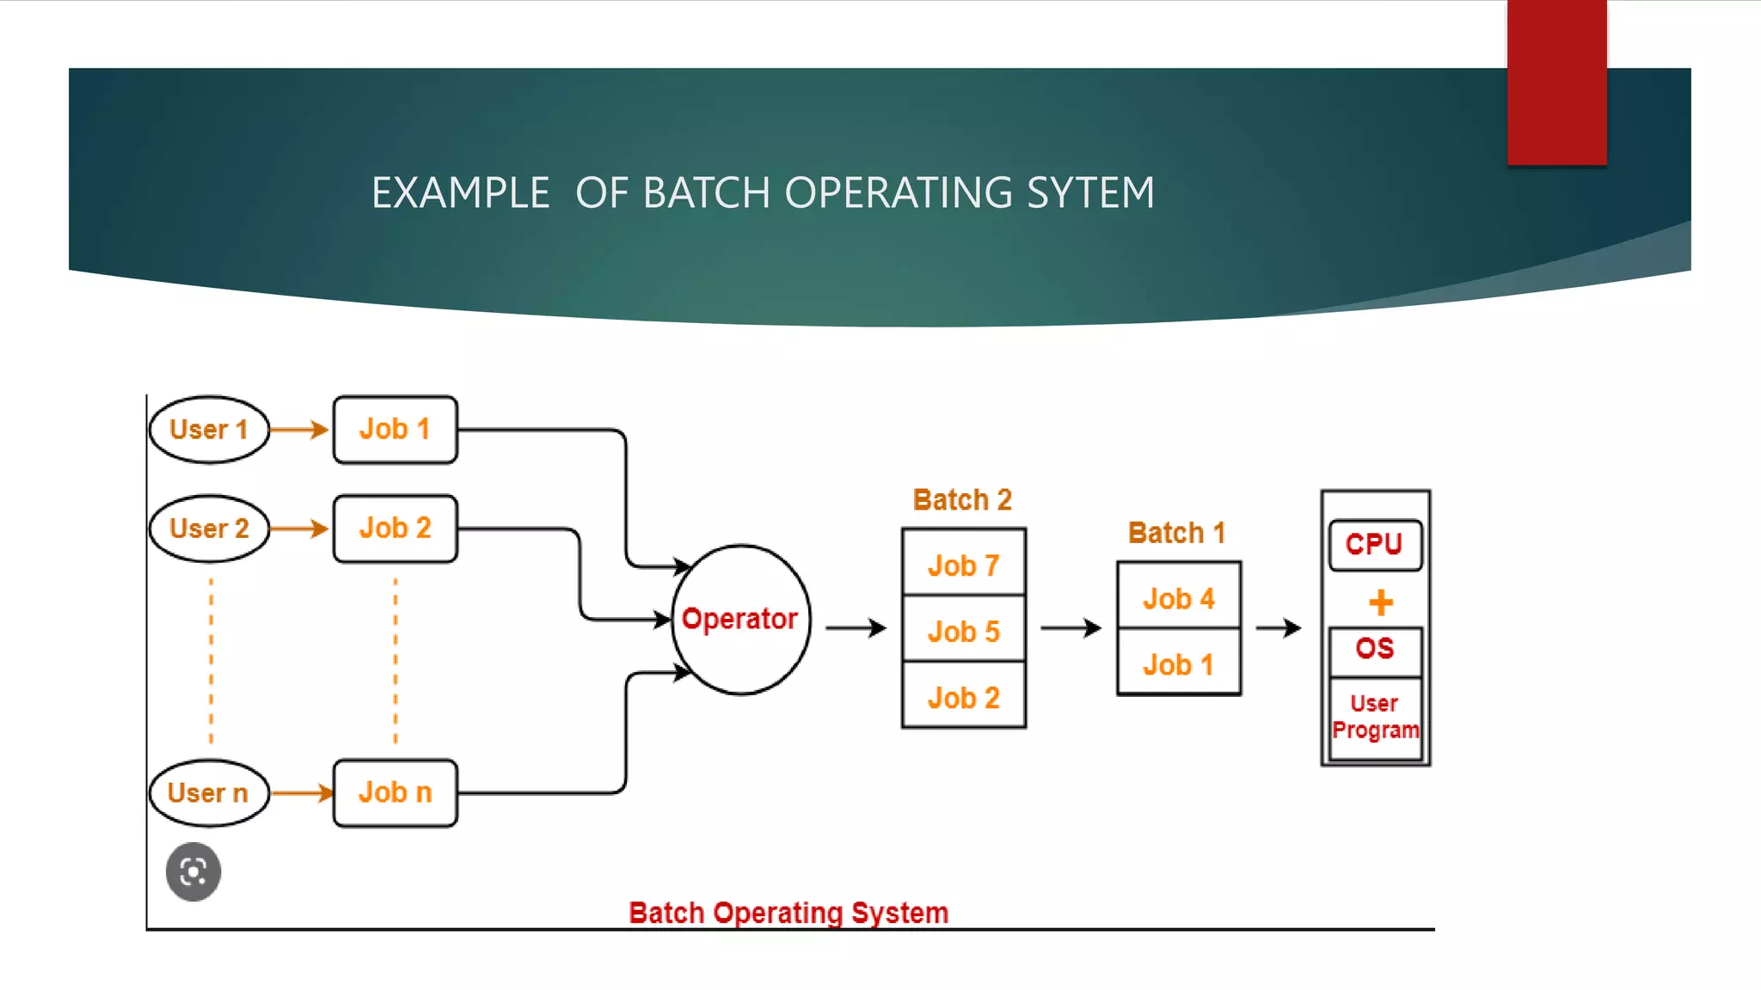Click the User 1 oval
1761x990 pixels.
click(x=209, y=430)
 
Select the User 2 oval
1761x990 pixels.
click(x=209, y=529)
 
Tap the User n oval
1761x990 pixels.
click(x=209, y=792)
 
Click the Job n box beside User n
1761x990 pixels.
click(x=395, y=792)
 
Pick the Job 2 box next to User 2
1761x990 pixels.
click(x=395, y=529)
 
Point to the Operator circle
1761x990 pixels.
click(x=740, y=620)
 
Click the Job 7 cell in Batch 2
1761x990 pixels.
click(x=963, y=565)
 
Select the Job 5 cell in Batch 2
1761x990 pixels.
click(x=963, y=632)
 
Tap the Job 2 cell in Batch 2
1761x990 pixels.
click(x=963, y=697)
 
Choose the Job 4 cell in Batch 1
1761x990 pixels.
click(x=1178, y=598)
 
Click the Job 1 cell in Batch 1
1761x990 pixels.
click(x=1178, y=664)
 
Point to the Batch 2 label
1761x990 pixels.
click(x=962, y=499)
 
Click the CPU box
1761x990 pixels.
click(x=1374, y=544)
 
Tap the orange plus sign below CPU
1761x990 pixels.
click(x=1380, y=602)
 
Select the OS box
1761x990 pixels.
click(x=1374, y=650)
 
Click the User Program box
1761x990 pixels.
click(x=1374, y=718)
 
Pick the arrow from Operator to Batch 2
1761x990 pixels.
click(x=856, y=628)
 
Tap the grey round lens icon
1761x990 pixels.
click(x=193, y=871)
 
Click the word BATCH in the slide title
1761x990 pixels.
click(x=706, y=192)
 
